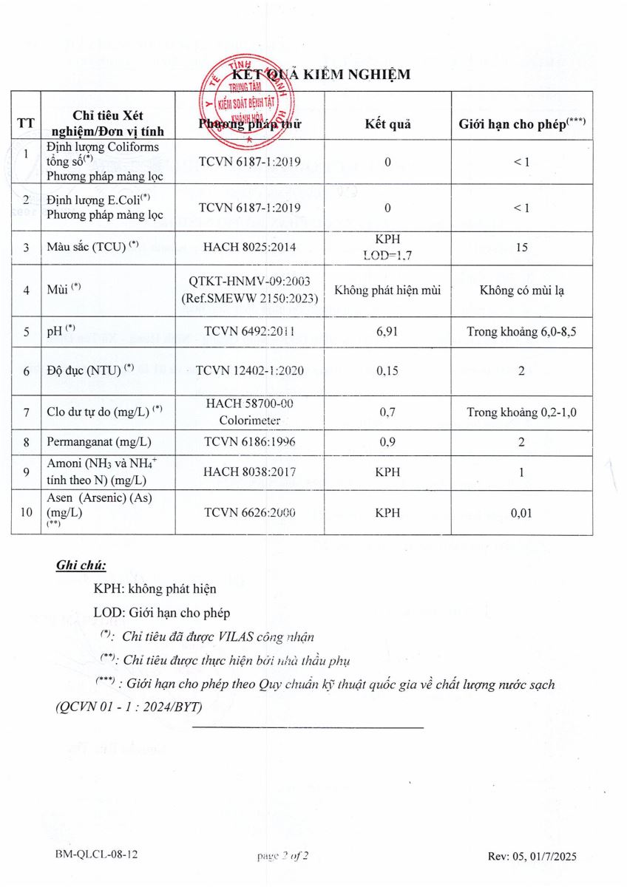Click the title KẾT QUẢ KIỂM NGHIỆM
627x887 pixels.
click(320, 75)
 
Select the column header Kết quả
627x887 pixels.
click(387, 123)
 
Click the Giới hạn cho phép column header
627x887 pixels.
click(522, 123)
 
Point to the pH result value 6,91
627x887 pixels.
click(387, 332)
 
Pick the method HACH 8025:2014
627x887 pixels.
click(249, 247)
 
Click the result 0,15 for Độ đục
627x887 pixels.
click(387, 371)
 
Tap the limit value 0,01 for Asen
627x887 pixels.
click(522, 512)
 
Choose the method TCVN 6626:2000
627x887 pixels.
click(249, 512)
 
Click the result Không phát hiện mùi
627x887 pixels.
click(387, 290)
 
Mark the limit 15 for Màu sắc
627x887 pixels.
click(522, 247)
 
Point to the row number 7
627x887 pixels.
click(26, 412)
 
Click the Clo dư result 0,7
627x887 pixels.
click(387, 412)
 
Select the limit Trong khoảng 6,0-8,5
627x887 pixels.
click(522, 332)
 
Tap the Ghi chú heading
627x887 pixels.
click(81, 565)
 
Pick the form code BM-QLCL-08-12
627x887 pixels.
click(96, 855)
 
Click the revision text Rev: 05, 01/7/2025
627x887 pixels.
click(532, 856)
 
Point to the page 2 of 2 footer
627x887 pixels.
click(282, 856)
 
